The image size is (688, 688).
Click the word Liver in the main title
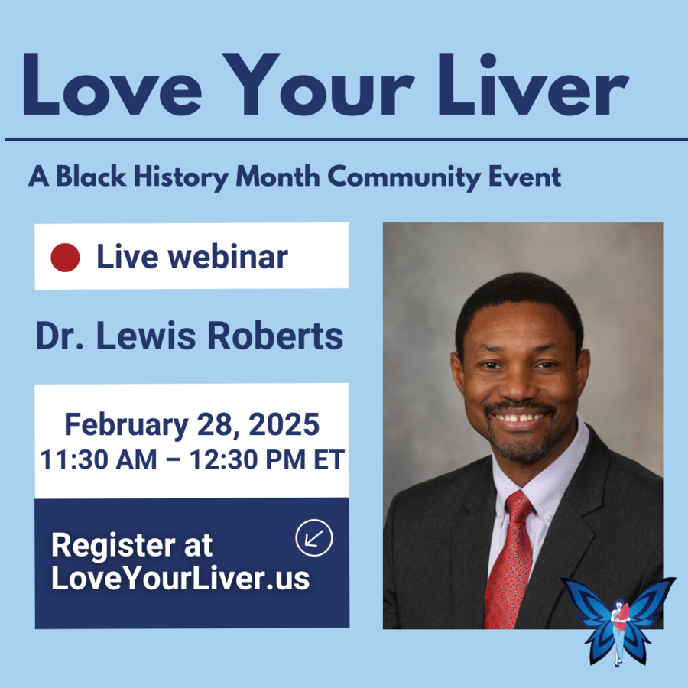coord(533,84)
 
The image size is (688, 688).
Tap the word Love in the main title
coord(112,84)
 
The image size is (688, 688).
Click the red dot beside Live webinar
coord(66,258)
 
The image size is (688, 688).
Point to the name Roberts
coord(275,336)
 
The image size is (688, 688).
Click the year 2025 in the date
coord(284,424)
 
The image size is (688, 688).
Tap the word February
coord(126,426)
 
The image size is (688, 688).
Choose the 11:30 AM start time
coord(99,459)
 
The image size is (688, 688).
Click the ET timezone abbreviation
coord(329,459)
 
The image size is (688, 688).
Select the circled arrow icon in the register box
coord(314,538)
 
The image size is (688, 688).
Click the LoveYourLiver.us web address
coord(180,579)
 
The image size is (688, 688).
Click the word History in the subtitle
coord(181,177)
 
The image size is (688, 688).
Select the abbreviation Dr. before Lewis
coord(60,336)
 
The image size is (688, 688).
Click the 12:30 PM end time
coord(248,459)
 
